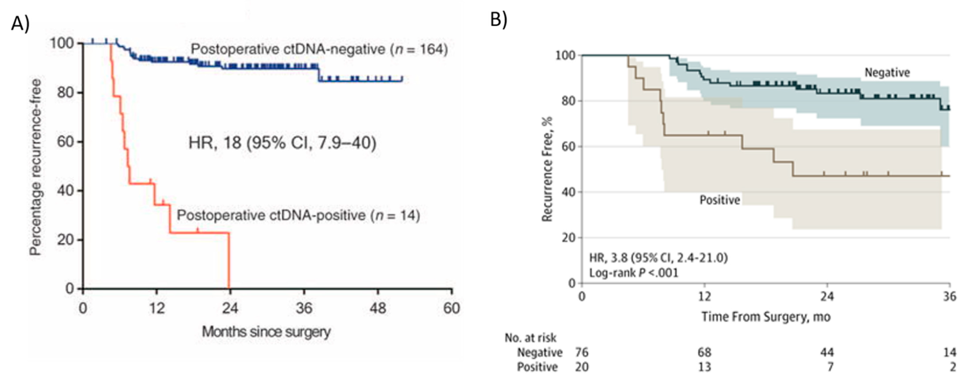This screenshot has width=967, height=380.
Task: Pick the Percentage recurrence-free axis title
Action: (x=36, y=167)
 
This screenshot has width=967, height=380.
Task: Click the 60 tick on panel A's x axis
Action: (x=452, y=308)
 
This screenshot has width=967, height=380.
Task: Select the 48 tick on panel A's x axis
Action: (x=378, y=308)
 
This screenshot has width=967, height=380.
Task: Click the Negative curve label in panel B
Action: (x=887, y=72)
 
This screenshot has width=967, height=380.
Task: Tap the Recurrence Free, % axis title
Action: (x=548, y=169)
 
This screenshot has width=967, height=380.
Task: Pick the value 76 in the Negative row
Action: (x=582, y=353)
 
